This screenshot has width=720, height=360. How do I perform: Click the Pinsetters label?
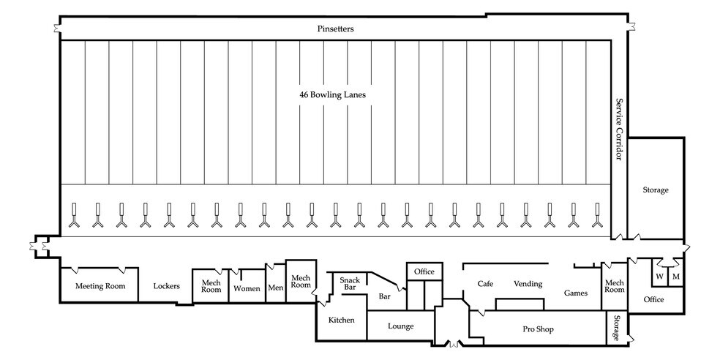[336, 29]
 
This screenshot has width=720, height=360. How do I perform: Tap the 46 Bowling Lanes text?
[332, 95]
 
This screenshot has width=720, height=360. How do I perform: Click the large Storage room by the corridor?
[655, 190]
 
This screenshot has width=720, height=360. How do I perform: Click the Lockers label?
[167, 286]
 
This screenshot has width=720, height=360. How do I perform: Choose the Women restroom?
[247, 289]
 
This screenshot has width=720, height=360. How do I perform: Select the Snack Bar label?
[350, 282]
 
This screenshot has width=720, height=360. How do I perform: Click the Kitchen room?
[341, 320]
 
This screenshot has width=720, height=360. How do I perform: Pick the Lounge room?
[401, 326]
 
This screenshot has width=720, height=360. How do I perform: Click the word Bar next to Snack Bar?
[385, 297]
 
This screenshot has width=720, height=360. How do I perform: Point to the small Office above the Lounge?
[424, 271]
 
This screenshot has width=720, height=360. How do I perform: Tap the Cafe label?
[485, 283]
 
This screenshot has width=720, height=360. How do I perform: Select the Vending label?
[528, 283]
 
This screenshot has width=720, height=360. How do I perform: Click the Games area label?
[576, 293]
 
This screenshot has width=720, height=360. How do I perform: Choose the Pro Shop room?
[538, 329]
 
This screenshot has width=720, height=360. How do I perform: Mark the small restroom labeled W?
[659, 277]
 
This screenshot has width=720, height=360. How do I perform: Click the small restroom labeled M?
[675, 277]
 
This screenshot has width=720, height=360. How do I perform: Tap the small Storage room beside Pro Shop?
[617, 328]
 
